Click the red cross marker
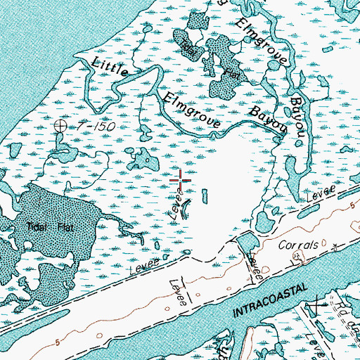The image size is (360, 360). (x=181, y=180)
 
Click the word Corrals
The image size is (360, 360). (x=303, y=245)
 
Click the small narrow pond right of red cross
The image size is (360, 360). (x=205, y=196)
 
